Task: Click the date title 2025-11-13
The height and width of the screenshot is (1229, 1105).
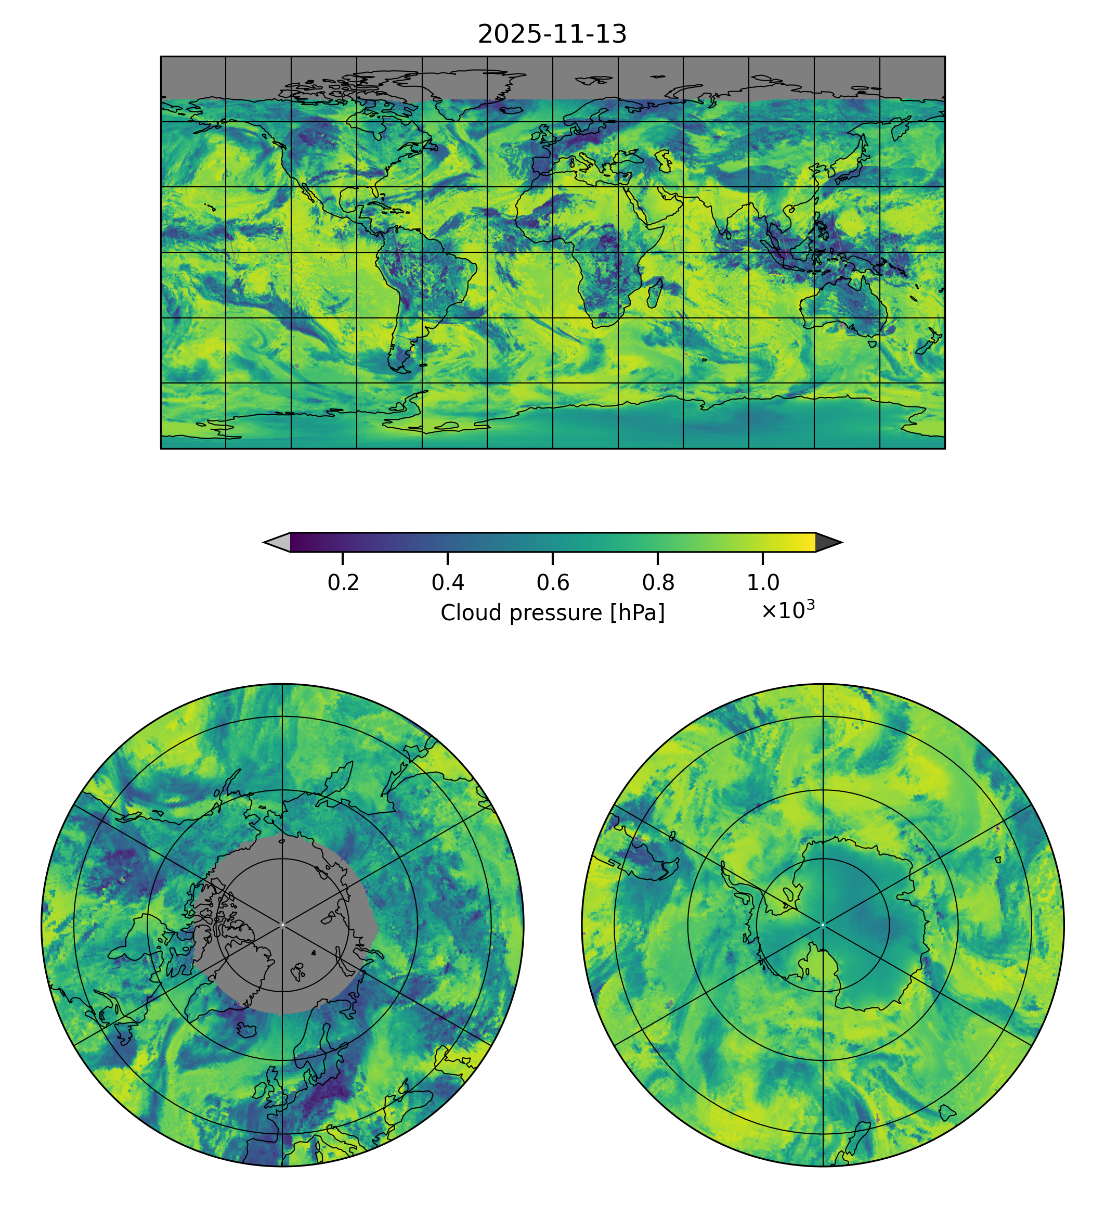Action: [x=552, y=35]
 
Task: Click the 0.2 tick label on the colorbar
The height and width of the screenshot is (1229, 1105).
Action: [x=343, y=583]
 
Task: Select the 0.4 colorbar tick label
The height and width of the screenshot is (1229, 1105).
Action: [x=448, y=583]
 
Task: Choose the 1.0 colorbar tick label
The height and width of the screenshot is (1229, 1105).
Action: [x=762, y=583]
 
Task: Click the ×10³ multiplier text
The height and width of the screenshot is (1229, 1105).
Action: [x=787, y=610]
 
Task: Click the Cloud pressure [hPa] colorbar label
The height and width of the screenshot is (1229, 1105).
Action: [x=552, y=613]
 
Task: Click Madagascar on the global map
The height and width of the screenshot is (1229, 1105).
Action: [x=655, y=293]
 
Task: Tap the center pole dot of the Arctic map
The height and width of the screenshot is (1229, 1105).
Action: [x=282, y=925]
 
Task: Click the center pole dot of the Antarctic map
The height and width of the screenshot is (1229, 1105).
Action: [x=823, y=925]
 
